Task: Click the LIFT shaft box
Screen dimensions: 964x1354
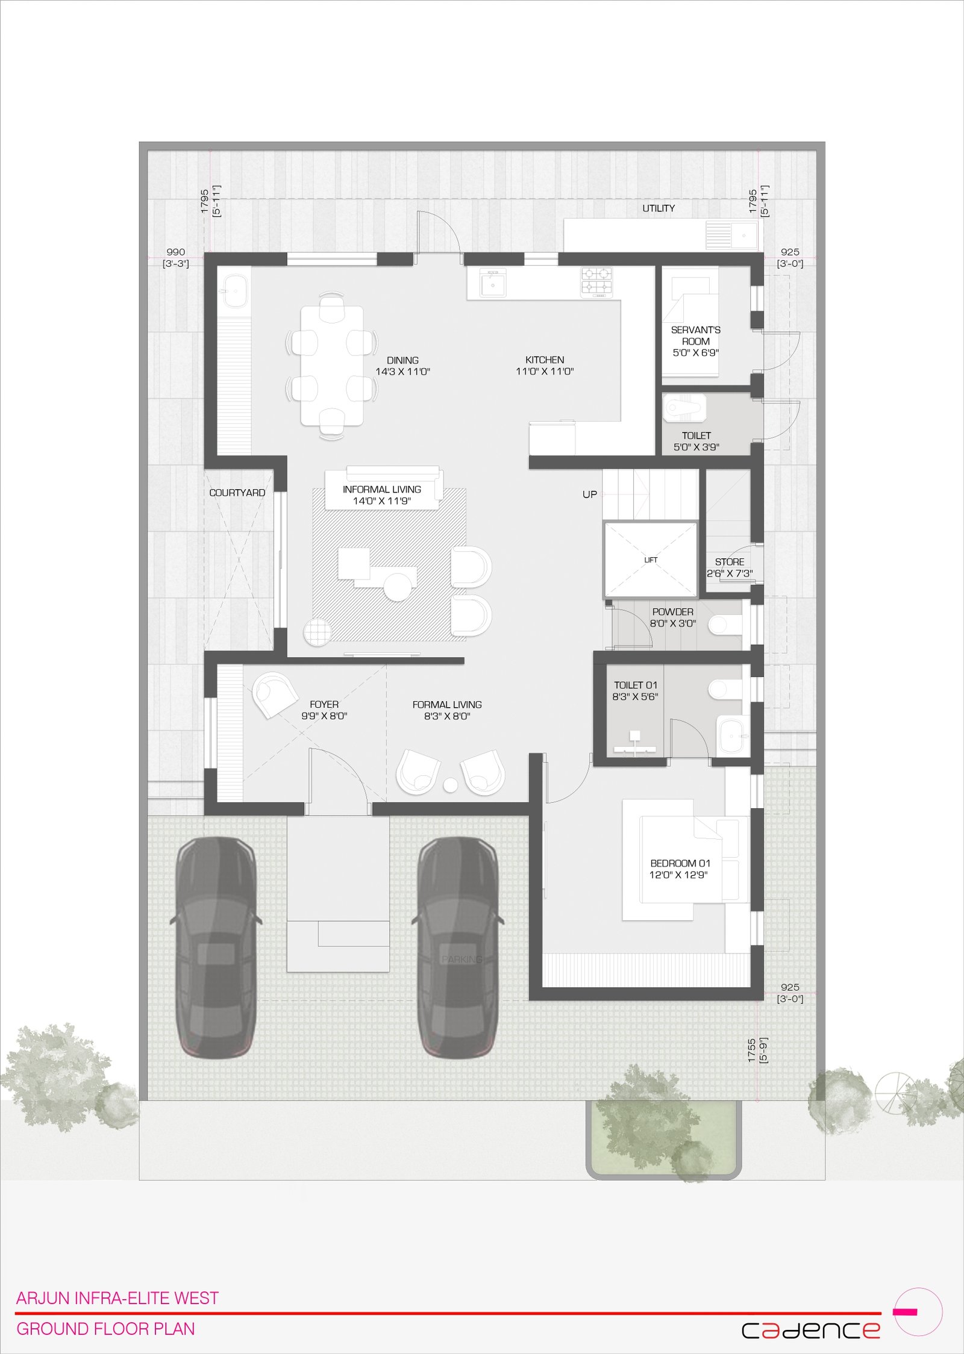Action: click(x=651, y=560)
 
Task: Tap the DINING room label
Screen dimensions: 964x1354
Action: click(x=402, y=360)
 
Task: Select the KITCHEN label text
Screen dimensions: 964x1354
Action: click(x=545, y=360)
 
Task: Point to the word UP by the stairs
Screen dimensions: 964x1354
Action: click(x=590, y=494)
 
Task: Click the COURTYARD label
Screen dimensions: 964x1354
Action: click(x=237, y=493)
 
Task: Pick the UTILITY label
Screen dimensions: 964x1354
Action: click(x=659, y=208)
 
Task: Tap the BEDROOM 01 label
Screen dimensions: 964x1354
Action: click(x=680, y=863)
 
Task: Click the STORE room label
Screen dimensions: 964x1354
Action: click(x=730, y=562)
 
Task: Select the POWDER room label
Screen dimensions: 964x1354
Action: click(x=673, y=612)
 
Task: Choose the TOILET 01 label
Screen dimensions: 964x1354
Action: click(x=636, y=685)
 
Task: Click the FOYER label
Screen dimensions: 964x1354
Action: click(x=324, y=704)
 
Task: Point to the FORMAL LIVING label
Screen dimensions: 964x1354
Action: click(x=447, y=704)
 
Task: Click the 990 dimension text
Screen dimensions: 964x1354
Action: click(x=176, y=252)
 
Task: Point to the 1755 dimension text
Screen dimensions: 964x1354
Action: click(x=751, y=1050)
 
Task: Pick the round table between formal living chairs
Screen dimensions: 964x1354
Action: click(x=450, y=785)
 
